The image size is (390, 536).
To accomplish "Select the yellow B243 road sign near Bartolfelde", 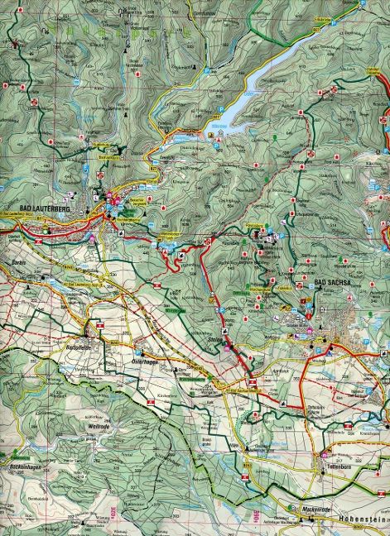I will [x=102, y=327].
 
